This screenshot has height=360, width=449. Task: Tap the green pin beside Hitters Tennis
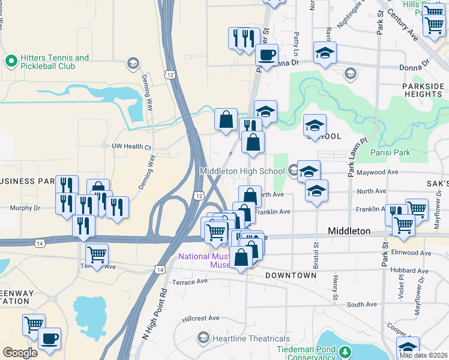[x=10, y=61]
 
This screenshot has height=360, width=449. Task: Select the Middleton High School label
[x=242, y=171]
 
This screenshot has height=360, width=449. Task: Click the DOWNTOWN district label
[x=291, y=275]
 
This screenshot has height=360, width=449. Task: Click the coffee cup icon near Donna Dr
[x=267, y=55]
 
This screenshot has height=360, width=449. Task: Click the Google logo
[x=20, y=353]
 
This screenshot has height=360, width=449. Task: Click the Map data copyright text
[x=423, y=355]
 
